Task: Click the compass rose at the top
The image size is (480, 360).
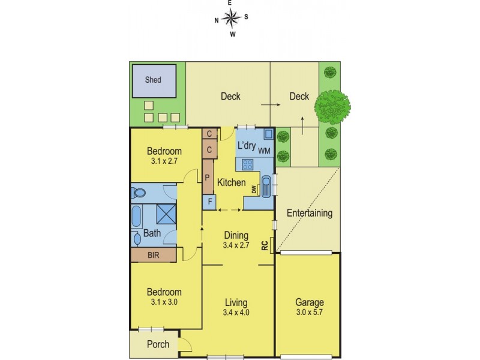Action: pos(231,17)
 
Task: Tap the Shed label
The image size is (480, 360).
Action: pos(153,79)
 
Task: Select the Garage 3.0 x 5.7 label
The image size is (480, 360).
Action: pos(309,307)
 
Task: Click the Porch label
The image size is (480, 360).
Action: pos(158,344)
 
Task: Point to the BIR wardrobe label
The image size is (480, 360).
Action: pos(154,255)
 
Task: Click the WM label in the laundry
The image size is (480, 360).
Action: pos(264,151)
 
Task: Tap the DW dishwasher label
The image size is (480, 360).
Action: pos(254,190)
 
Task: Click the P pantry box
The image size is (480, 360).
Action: pos(208,178)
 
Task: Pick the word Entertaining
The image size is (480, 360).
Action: pos(309,213)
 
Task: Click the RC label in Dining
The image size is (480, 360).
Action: pos(265,244)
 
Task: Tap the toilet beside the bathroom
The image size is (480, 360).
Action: pos(139,193)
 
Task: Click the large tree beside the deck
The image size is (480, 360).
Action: pos(332,107)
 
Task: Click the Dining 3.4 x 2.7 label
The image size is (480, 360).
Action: pos(236,240)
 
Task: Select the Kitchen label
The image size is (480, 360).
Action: pos(231,182)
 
